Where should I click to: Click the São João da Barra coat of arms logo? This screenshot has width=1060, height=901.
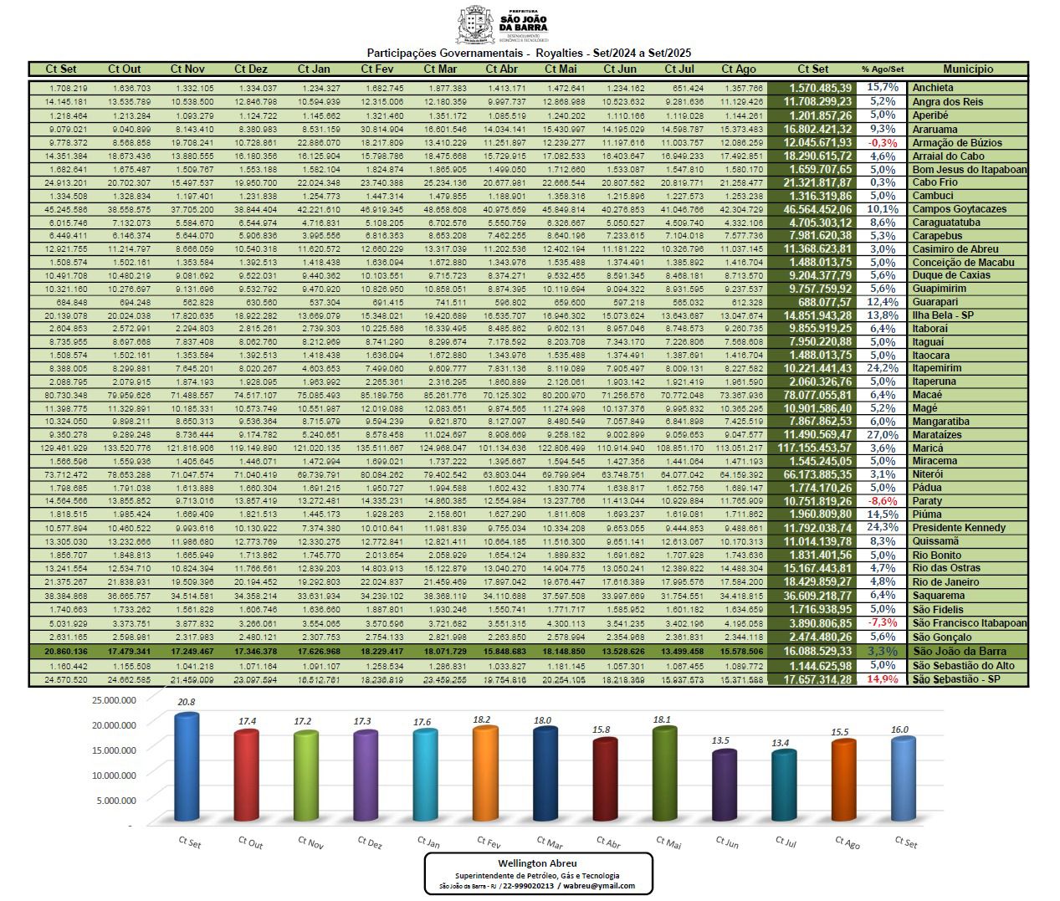pos(476,25)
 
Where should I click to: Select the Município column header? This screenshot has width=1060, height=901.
pos(968,69)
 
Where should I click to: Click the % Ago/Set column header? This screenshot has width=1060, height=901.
pos(883,69)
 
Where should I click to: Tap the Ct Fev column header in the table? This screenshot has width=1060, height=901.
pos(377,69)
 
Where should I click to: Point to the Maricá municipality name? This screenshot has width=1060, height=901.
pos(928,448)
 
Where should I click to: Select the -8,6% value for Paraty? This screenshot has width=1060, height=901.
pos(883,501)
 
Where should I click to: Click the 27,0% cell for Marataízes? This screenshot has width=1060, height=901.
pos(883,435)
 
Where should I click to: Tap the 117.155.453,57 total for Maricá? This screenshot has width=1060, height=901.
pos(817,448)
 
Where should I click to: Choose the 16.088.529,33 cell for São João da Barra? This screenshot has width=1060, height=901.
pos(817,651)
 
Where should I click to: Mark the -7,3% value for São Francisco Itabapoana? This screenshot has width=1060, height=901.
pos(883,622)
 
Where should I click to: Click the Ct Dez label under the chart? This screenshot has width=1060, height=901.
pos(369,842)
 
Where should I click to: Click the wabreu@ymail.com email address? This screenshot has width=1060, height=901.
pos(599,886)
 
